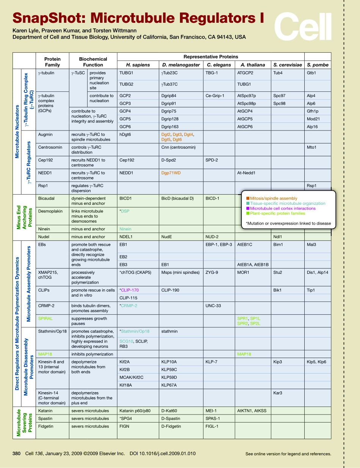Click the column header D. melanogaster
[181, 65]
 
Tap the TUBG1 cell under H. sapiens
[126, 73]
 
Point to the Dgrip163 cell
[169, 127]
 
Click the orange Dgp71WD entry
[171, 173]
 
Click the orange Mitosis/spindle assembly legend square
[248, 198]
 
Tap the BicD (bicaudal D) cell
[177, 198]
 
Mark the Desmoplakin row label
[50, 211]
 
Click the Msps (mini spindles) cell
[178, 272]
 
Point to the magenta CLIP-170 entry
[130, 290]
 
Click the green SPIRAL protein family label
[45, 319]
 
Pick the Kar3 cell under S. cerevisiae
[278, 393]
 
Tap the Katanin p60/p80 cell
[135, 411]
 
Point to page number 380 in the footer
[16, 453]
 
